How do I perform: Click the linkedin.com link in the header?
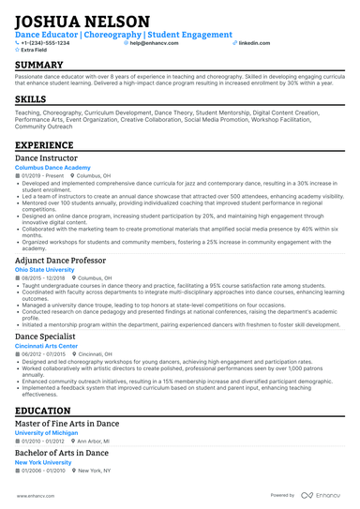click(247, 43)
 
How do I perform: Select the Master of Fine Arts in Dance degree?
click(67, 424)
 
